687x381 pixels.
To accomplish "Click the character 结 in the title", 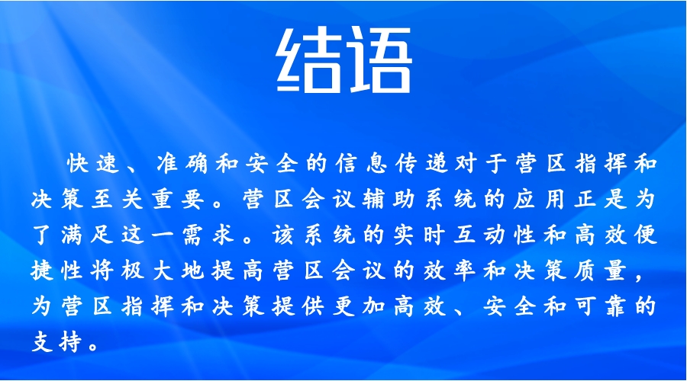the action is [308, 59].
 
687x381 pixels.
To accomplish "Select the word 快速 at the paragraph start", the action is [93, 164].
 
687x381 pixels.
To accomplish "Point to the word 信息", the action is [362, 164].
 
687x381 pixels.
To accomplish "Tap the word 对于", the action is [481, 164].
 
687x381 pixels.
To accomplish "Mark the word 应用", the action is [538, 199].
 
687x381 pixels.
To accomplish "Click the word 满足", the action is [87, 235].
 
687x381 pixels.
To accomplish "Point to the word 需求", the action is [208, 235].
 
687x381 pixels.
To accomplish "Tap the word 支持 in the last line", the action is [57, 342].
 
